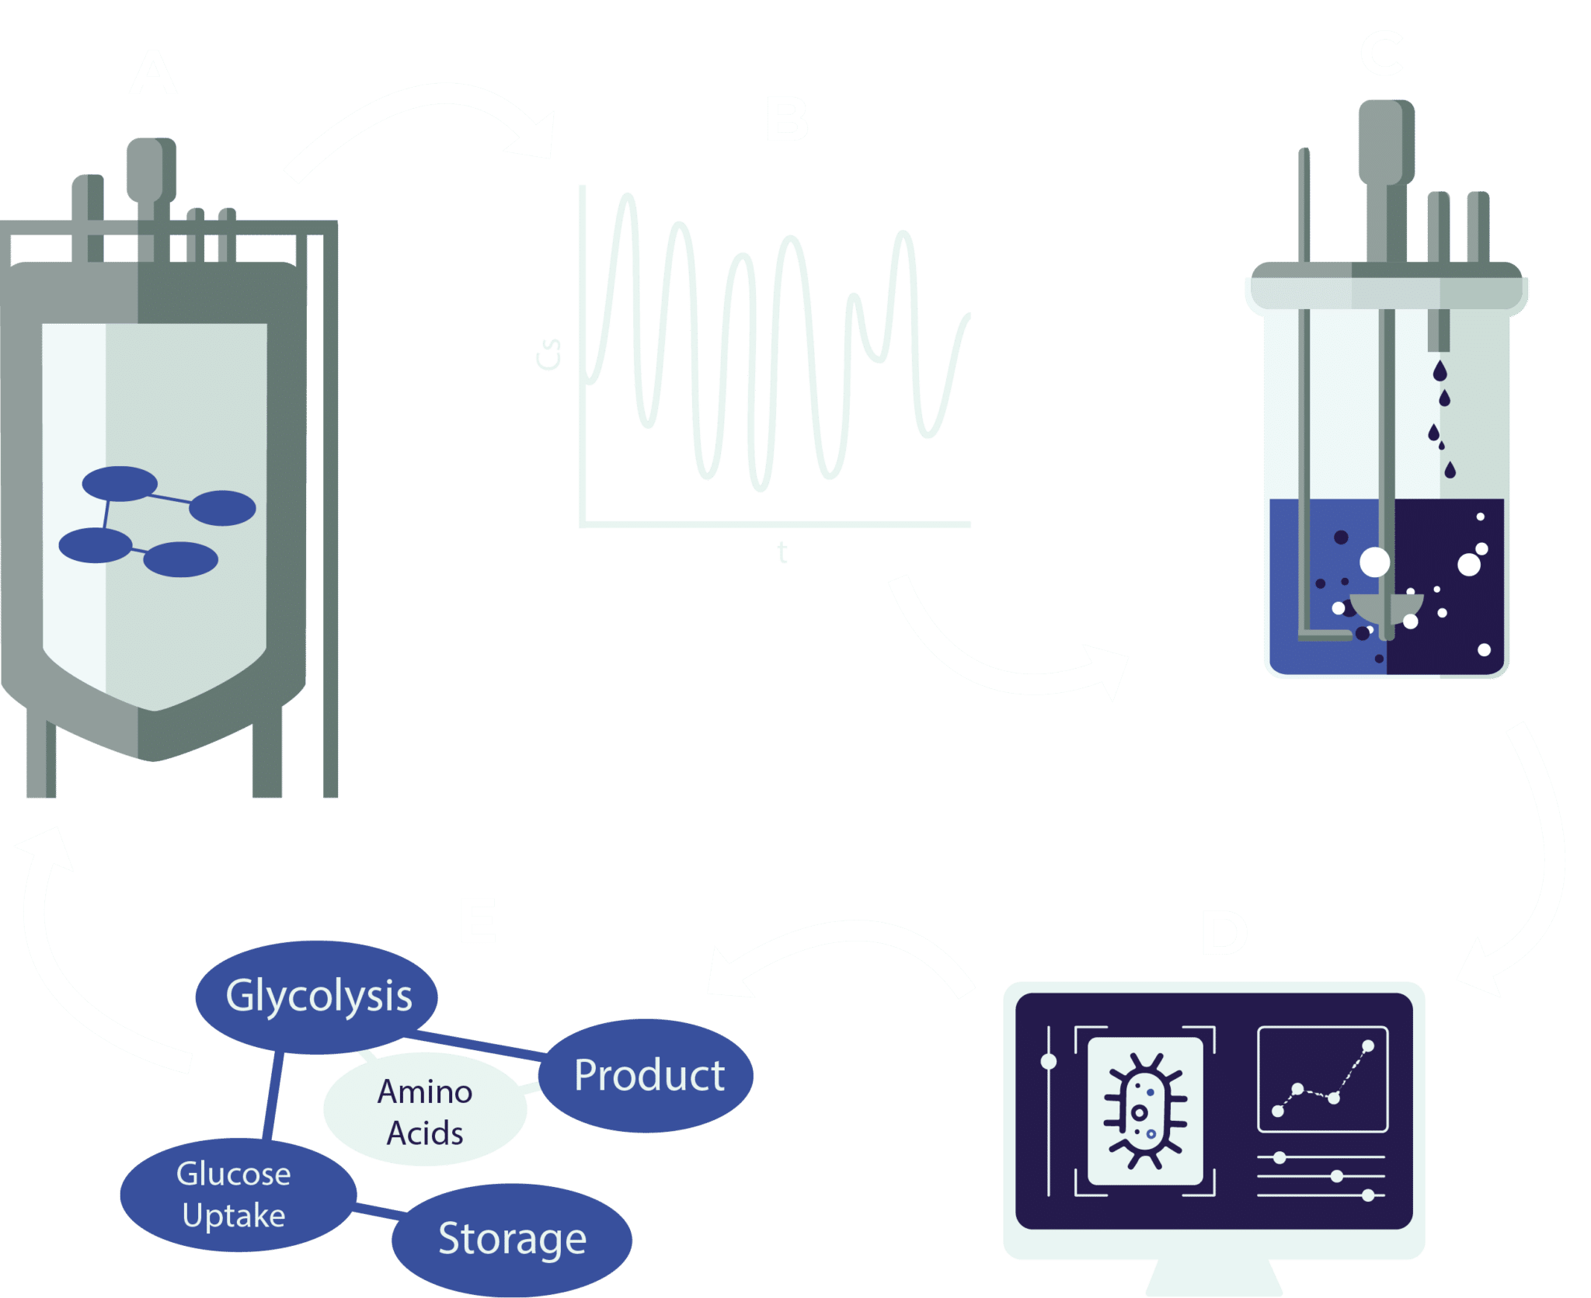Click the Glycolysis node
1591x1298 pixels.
(x=317, y=997)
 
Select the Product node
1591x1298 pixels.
(x=648, y=1076)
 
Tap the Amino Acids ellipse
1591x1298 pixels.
(x=425, y=1112)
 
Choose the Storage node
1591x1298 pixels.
(x=511, y=1238)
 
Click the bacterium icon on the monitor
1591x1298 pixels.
(x=1145, y=1111)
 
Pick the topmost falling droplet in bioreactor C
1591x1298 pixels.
(x=1440, y=371)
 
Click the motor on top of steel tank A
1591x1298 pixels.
(x=151, y=167)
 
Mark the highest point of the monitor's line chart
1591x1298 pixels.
(x=1368, y=1046)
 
